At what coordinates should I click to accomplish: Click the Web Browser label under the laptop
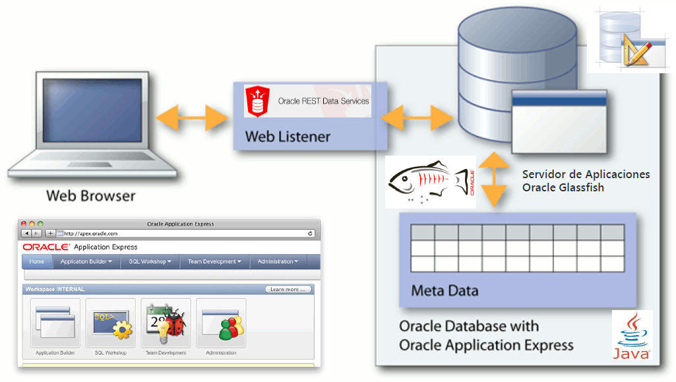90,196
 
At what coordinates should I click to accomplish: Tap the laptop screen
92,112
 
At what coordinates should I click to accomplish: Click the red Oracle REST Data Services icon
257,102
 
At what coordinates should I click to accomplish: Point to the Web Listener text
288,137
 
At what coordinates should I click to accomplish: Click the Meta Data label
445,290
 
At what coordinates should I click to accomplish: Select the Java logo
632,336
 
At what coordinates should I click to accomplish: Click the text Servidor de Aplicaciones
586,174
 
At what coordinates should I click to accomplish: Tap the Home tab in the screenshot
37,261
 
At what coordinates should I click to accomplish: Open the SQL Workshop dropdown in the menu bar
150,261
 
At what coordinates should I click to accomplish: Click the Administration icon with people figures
221,323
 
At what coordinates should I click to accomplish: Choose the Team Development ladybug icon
166,323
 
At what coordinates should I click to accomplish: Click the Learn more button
288,289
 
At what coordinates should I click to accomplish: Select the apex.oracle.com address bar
185,234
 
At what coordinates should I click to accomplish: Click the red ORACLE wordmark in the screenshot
46,247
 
